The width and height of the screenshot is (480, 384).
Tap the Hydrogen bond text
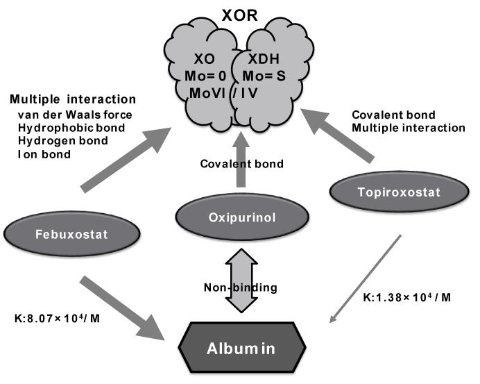59,141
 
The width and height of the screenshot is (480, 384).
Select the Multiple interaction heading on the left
73,99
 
